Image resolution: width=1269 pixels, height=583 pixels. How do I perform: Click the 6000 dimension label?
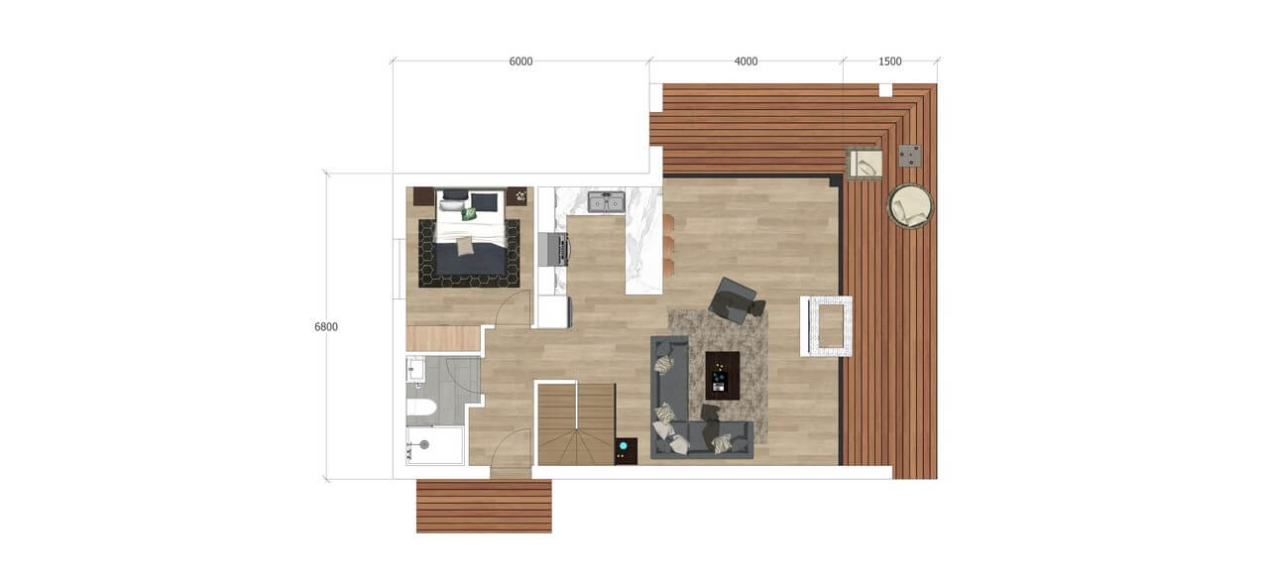(520, 61)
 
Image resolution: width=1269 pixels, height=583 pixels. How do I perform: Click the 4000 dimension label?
(746, 61)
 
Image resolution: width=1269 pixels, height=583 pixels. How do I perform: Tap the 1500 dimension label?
(890, 61)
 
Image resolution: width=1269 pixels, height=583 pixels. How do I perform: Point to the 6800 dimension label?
(326, 327)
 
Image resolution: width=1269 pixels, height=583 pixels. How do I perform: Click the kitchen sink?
(606, 201)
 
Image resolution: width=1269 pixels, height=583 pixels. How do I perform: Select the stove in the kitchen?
(554, 249)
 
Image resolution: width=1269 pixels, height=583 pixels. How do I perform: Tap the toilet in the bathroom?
(421, 408)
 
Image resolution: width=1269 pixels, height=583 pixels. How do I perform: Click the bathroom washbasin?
(415, 370)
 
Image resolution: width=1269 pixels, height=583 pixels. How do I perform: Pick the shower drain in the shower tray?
(423, 445)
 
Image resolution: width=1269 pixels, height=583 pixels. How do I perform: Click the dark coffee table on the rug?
(723, 376)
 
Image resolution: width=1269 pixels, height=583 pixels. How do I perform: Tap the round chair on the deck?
(910, 206)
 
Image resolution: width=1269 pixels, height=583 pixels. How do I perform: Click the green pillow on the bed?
(469, 213)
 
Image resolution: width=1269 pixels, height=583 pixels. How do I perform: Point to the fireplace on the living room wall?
(826, 326)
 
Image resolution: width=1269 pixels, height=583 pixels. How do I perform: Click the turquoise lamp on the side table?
(624, 446)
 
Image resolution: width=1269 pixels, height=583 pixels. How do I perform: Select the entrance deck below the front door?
(484, 506)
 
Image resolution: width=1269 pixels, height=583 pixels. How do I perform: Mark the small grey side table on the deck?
(910, 156)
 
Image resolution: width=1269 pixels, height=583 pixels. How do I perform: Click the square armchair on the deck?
(864, 164)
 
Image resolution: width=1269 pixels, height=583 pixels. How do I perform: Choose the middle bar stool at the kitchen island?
(668, 247)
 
